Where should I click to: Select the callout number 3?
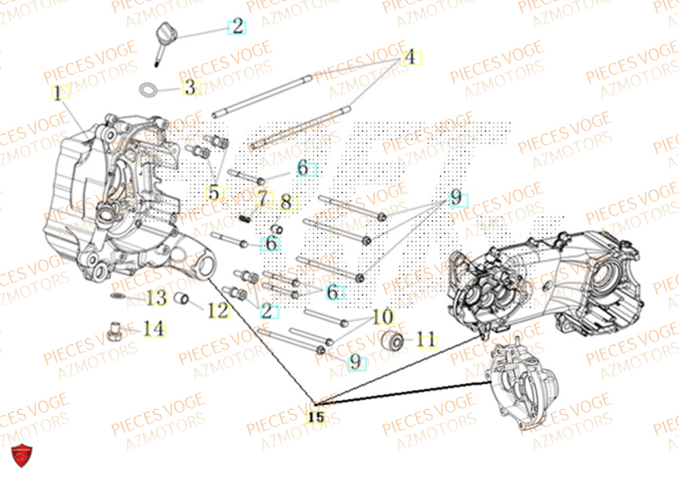[190, 87]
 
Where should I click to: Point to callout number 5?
[214, 193]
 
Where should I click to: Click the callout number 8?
[286, 202]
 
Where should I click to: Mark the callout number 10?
[383, 317]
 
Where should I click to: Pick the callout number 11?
[426, 339]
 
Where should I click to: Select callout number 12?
[218, 311]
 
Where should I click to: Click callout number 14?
[154, 329]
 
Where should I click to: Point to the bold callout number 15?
[316, 417]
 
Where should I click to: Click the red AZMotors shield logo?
[22, 456]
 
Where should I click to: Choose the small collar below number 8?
[277, 227]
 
